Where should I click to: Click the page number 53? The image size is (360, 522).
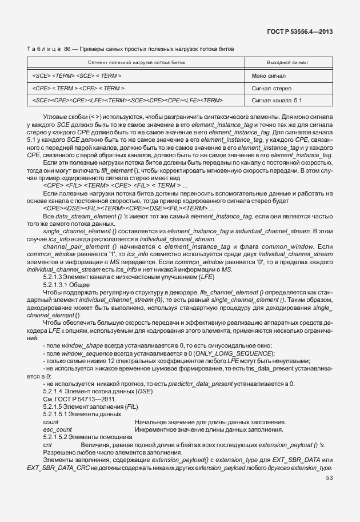(x=329, y=477)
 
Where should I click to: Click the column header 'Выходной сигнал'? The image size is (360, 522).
(x=287, y=62)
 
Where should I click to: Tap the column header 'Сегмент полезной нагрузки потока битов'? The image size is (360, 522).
(x=137, y=62)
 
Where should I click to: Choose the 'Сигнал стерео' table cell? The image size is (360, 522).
(x=271, y=88)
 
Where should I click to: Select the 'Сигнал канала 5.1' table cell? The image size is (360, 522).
(x=277, y=100)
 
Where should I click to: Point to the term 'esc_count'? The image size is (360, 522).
(x=57, y=429)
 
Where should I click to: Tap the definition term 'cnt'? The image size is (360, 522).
(x=47, y=444)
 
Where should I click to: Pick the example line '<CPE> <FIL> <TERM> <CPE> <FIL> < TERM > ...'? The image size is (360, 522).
(x=115, y=185)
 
